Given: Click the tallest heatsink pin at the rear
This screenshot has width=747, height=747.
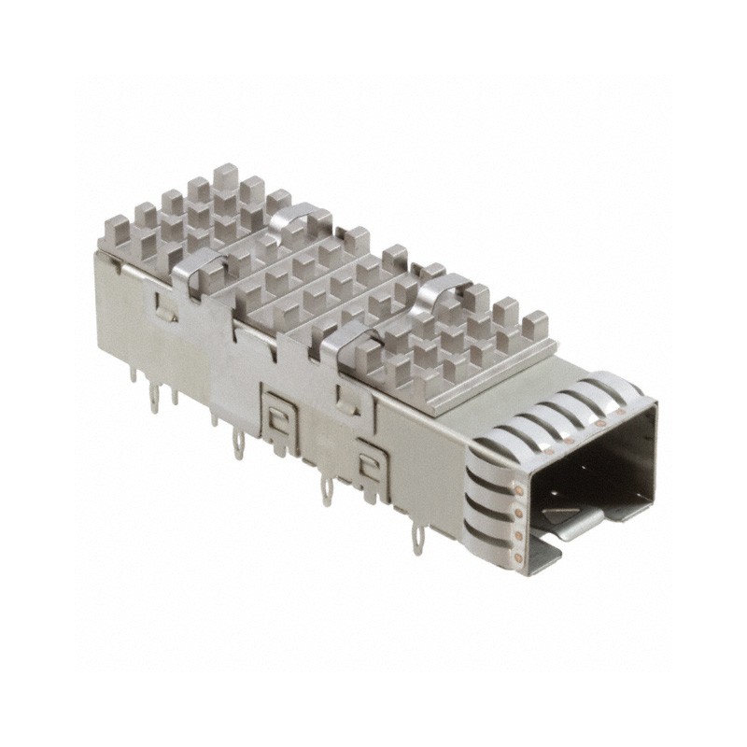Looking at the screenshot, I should [x=225, y=176].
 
